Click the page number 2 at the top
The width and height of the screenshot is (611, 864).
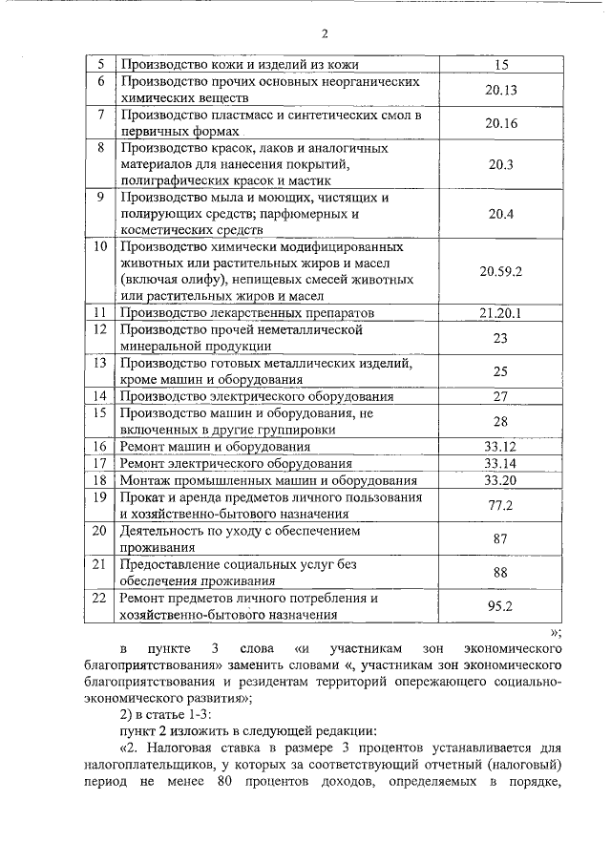pyautogui.click(x=325, y=34)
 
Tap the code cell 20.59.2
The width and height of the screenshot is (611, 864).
pyautogui.click(x=500, y=271)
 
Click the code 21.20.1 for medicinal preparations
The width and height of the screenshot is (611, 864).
pyautogui.click(x=500, y=313)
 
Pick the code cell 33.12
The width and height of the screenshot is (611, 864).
pyautogui.click(x=500, y=446)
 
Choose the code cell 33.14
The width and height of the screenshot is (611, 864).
pyautogui.click(x=500, y=463)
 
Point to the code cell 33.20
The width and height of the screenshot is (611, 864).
pyautogui.click(x=500, y=479)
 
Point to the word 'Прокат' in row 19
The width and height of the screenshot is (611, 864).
pyautogui.click(x=143, y=497)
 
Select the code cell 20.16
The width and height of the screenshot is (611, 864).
pyautogui.click(x=500, y=123)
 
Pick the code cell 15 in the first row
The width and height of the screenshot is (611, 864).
pyautogui.click(x=500, y=65)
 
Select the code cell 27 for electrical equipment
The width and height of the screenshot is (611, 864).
pyautogui.click(x=500, y=396)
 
